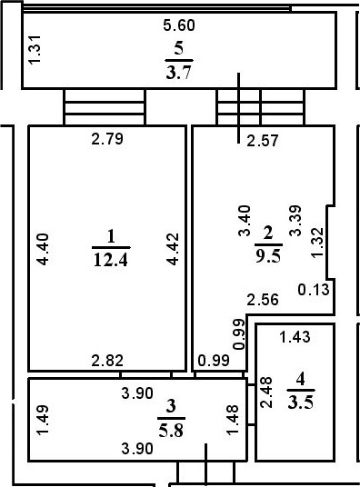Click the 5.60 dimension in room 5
(x=179, y=25)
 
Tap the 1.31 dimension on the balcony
(x=35, y=49)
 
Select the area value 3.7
(x=178, y=73)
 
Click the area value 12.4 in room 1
(x=111, y=260)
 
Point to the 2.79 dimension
(x=107, y=139)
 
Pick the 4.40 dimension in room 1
(x=43, y=249)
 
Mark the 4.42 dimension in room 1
(x=172, y=249)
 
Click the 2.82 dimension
(x=107, y=361)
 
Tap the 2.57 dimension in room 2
(x=263, y=141)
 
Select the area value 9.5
(x=268, y=256)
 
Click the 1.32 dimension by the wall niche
(x=317, y=243)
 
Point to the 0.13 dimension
(x=314, y=290)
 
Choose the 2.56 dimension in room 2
(x=263, y=300)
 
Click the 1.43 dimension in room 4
(x=295, y=337)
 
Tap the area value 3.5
(x=300, y=403)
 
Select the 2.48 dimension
(x=266, y=392)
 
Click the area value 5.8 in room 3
(x=171, y=431)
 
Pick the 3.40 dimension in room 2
(x=245, y=221)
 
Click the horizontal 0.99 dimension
(x=214, y=361)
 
